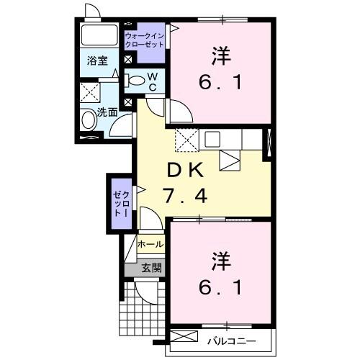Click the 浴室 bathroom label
coord(99,61)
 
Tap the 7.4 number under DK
coord(186,195)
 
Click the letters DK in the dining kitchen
coord(186,171)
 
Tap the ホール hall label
coord(150,245)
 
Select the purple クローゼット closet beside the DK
coord(119,204)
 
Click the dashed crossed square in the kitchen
coord(187,139)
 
